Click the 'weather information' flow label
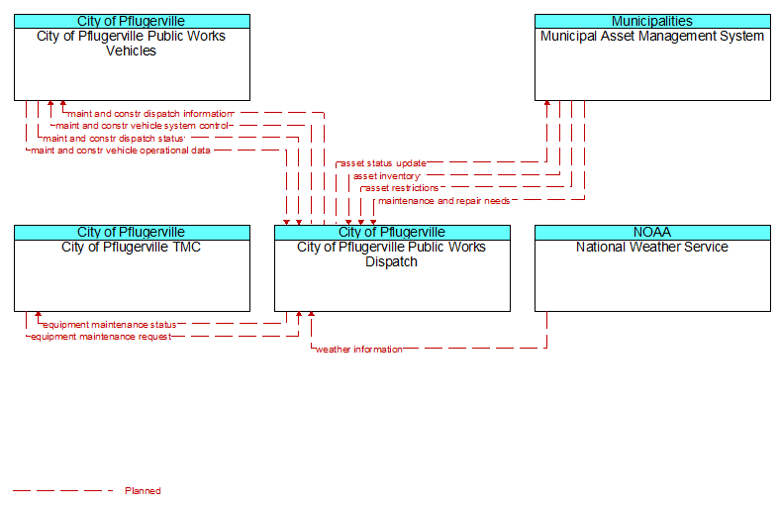click(359, 350)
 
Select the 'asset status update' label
click(383, 163)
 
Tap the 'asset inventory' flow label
click(386, 176)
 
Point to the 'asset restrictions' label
click(402, 188)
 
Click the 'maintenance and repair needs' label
click(443, 201)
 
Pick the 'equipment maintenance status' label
click(110, 325)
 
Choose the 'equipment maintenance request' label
click(101, 337)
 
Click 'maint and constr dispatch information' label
click(150, 114)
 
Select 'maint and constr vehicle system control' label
click(142, 126)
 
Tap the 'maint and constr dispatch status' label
click(114, 139)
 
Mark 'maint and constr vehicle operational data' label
click(121, 151)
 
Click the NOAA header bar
click(652, 233)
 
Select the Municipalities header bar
click(652, 22)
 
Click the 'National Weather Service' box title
click(652, 248)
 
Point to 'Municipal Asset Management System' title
click(652, 37)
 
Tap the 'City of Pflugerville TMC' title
click(131, 248)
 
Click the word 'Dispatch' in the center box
click(392, 262)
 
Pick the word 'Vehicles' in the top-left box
click(131, 51)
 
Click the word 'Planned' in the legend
click(143, 491)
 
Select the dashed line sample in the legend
click(63, 491)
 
